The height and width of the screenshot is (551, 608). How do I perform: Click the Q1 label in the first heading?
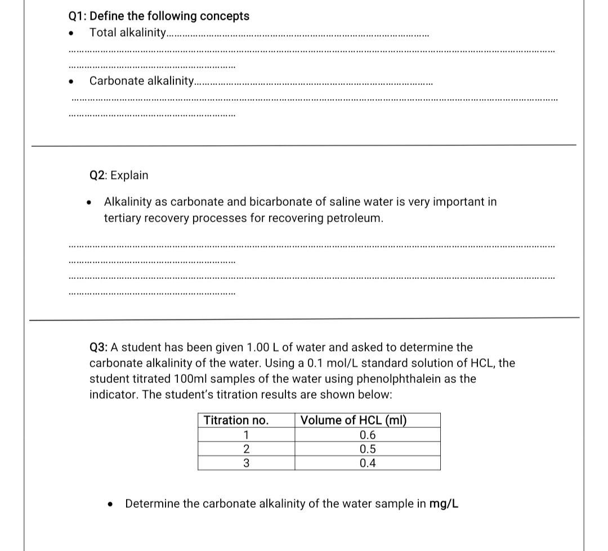click(77, 16)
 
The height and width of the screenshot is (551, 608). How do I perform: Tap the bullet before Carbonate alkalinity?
click(70, 82)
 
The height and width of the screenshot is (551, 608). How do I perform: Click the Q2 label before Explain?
click(99, 175)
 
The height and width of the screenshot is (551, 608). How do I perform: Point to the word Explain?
click(129, 175)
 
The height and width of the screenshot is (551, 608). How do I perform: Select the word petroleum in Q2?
click(353, 218)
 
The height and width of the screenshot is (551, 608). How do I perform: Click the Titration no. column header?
click(236, 421)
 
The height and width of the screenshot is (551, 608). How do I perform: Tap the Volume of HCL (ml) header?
click(354, 421)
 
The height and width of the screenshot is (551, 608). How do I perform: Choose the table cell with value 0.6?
click(368, 435)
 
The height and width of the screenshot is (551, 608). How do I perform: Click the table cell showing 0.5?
click(368, 449)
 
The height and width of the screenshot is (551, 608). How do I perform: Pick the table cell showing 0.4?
click(368, 463)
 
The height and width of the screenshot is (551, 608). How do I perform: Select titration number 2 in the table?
click(246, 449)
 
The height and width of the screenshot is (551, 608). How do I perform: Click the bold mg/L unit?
click(444, 504)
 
